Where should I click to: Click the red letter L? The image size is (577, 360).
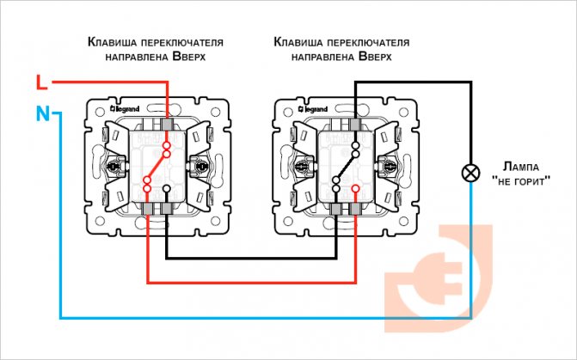pos(40,82)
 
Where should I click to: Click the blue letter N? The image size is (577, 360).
pos(40,113)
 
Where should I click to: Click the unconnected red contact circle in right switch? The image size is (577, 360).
pos(354,188)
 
